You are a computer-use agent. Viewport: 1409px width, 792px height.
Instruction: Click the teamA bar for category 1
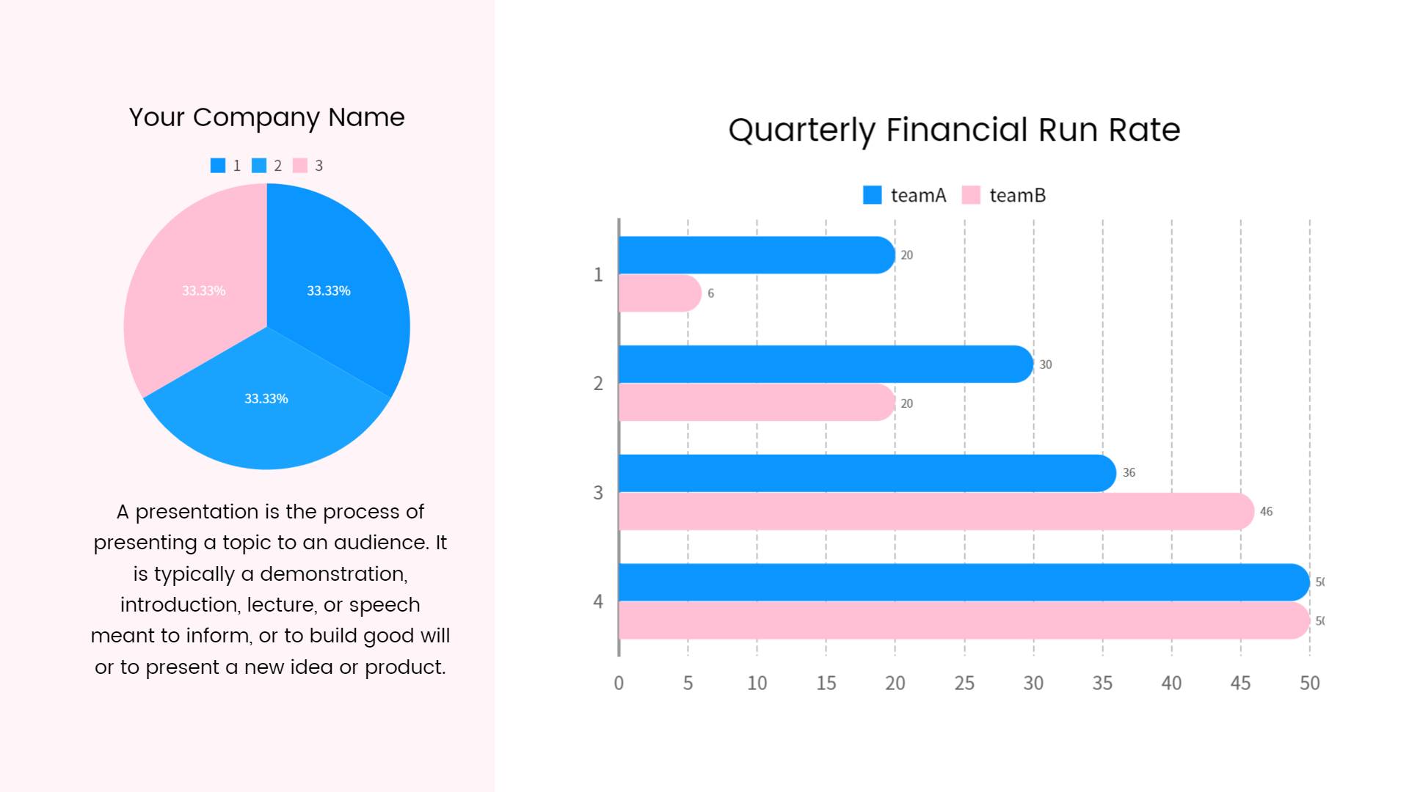pos(756,255)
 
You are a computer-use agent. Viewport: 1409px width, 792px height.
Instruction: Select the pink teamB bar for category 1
pos(659,293)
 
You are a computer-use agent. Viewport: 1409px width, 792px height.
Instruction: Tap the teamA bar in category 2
pos(826,364)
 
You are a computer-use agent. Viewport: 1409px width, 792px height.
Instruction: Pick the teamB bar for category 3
pos(936,511)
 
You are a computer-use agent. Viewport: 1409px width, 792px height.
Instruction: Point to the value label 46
pos(1266,512)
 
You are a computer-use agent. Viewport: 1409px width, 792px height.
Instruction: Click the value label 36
pos(1129,473)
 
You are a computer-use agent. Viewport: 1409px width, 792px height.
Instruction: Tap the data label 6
pos(710,293)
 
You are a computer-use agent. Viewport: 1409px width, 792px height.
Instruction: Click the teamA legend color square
pos(872,195)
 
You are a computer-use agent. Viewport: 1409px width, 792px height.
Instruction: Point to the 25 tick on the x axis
pos(964,683)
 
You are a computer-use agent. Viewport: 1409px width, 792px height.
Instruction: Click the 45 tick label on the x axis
pos(1240,683)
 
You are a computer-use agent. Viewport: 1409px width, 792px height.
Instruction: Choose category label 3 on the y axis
pos(598,493)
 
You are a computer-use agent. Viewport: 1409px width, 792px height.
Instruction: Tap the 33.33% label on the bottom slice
pos(266,399)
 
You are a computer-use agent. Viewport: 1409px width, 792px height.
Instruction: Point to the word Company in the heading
pos(256,117)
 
